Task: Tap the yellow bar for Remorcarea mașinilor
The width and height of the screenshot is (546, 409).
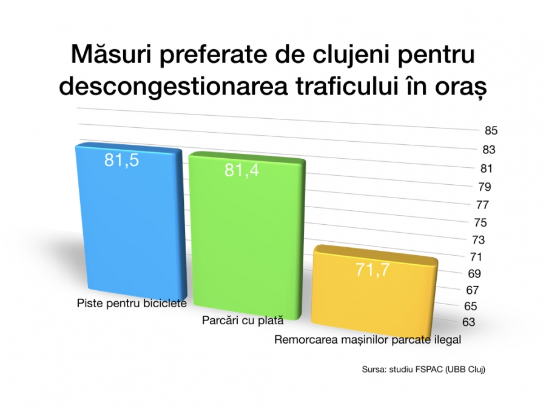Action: (x=374, y=290)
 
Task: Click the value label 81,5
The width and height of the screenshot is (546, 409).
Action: (x=121, y=161)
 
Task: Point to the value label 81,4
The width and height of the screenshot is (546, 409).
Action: (x=241, y=170)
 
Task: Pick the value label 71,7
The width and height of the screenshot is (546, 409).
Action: (x=372, y=270)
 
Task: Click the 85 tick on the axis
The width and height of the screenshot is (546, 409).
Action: (x=491, y=131)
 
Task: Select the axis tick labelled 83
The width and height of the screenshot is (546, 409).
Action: (x=489, y=150)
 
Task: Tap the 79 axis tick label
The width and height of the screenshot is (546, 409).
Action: (x=485, y=187)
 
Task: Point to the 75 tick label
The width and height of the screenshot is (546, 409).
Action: (x=480, y=222)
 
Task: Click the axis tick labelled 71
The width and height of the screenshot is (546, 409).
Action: (x=476, y=257)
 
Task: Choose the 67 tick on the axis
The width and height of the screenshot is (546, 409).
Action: (x=472, y=290)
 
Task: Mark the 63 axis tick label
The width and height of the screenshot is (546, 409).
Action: (x=469, y=322)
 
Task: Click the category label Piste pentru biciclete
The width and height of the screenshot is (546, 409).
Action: (x=132, y=304)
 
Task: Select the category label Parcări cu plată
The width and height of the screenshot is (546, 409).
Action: (x=243, y=321)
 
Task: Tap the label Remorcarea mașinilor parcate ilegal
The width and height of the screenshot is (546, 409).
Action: (x=368, y=340)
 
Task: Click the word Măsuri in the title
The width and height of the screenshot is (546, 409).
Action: (x=112, y=55)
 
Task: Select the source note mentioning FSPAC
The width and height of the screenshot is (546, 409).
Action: (x=423, y=370)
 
